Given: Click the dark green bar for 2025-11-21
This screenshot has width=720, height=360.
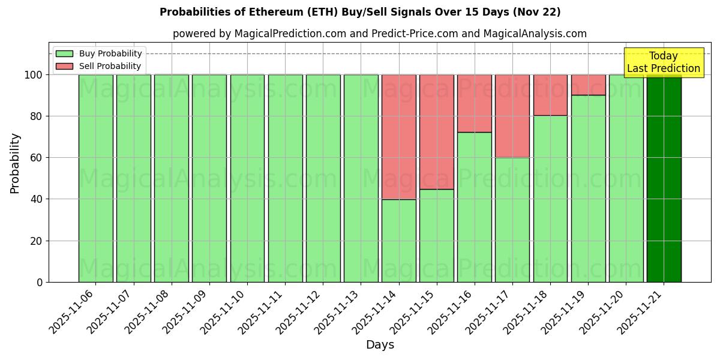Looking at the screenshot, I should point(664,178).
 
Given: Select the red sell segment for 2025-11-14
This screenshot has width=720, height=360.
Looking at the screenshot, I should point(398,137).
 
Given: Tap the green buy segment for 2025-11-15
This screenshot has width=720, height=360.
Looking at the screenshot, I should point(436,235).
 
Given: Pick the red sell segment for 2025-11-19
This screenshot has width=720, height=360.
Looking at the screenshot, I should point(588,85).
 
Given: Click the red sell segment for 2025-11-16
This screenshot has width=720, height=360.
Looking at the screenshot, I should point(474,103).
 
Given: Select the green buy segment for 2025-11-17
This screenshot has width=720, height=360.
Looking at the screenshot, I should point(512,220).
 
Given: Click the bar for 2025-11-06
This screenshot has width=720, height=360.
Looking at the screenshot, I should point(95,178).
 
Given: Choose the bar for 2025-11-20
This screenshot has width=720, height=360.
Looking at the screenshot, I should point(626,178).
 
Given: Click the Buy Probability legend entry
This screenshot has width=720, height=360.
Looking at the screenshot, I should point(99,53).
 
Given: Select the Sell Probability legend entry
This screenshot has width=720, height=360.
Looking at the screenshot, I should point(99,66).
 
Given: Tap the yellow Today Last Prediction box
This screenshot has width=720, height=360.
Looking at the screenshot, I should point(663,62).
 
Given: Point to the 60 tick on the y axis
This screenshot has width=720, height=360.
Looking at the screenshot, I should point(36,158).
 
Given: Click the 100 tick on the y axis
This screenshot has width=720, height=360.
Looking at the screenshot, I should point(34,75).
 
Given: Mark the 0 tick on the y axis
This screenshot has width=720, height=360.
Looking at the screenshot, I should point(40,282).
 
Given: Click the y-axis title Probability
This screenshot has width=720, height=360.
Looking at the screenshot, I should point(15,163).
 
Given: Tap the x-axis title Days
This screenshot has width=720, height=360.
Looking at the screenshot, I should point(380,345).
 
